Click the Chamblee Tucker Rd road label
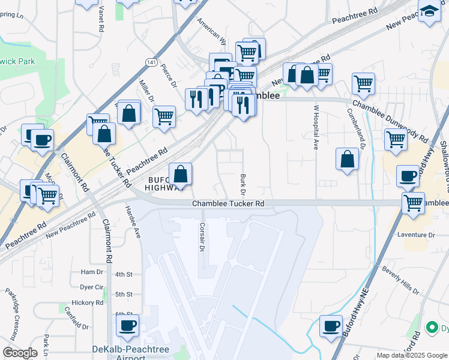tap(228, 204)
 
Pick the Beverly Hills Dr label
tap(400, 280)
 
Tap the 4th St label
tap(124, 274)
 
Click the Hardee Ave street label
tap(133, 221)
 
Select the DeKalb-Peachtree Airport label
tap(131, 353)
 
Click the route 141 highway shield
tap(150, 62)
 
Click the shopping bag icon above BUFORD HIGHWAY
tap(180, 175)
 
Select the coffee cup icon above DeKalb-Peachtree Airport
tap(127, 326)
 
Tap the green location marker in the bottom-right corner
tap(431, 328)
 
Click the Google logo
tap(20, 353)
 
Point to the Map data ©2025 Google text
tap(411, 355)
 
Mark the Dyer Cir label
tap(92, 287)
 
